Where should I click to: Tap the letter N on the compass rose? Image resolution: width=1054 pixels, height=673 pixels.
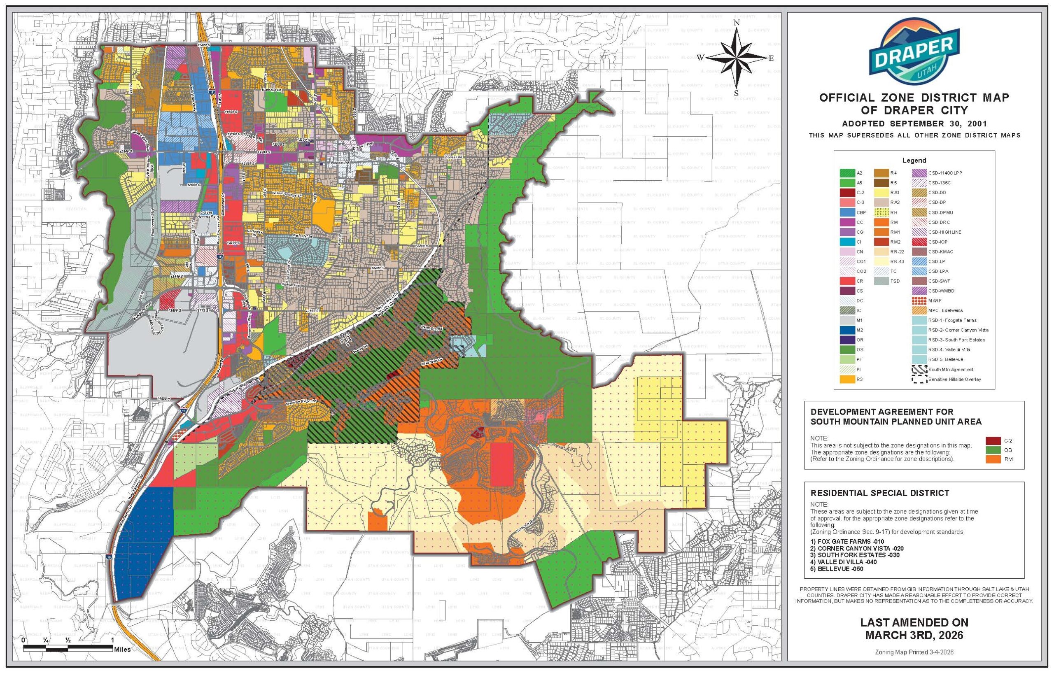coord(737,23)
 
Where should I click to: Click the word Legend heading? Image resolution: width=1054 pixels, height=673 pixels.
coord(914,161)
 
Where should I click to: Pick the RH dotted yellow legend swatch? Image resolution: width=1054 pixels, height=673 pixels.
coord(881,212)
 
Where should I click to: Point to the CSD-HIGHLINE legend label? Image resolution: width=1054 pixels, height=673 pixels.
coord(944,232)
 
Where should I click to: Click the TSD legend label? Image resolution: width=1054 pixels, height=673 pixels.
coord(895,281)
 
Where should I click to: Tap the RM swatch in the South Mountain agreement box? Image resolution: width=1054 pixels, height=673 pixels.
coord(993,459)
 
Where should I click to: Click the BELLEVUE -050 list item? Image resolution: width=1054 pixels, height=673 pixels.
coord(837,569)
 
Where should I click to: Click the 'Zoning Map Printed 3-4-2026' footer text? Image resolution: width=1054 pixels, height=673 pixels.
coord(914,664)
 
